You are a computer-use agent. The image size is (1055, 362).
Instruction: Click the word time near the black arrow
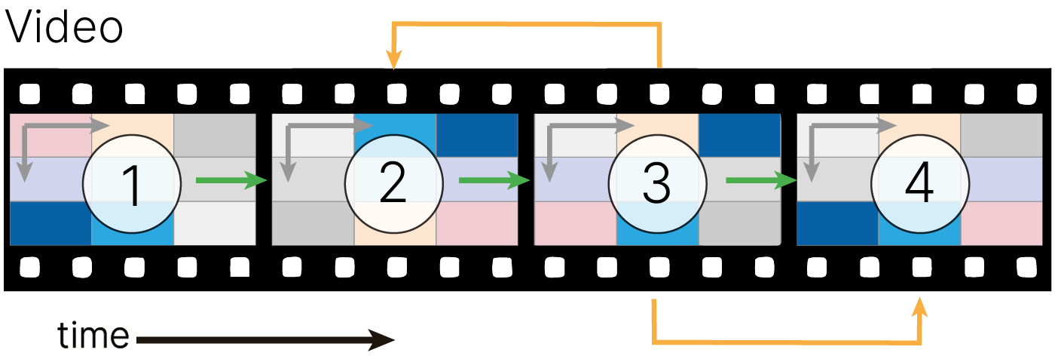(93, 336)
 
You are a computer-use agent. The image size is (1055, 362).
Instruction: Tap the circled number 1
(132, 183)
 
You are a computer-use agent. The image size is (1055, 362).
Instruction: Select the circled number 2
(393, 183)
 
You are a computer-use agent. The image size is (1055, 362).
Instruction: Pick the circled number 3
(656, 183)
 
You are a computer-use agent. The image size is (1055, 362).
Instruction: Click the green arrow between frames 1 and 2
(231, 180)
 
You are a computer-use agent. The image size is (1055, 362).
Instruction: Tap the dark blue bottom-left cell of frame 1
(50, 224)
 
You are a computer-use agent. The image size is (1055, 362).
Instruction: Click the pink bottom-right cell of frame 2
(477, 224)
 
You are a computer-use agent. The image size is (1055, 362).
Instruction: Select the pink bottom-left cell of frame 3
(575, 224)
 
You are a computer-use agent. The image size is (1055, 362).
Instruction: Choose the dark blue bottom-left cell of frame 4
(837, 224)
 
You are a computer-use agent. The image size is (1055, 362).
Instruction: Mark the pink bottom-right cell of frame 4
(1002, 224)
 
